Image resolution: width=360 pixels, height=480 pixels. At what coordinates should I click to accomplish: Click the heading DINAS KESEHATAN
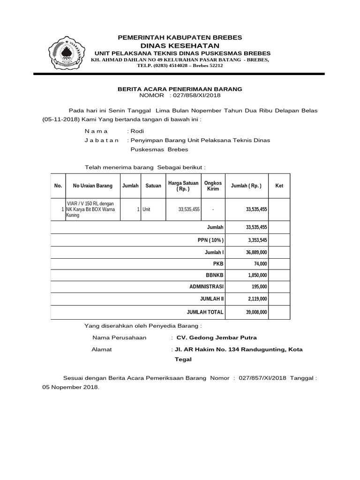180,45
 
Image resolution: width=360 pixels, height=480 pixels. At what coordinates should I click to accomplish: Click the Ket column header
279,186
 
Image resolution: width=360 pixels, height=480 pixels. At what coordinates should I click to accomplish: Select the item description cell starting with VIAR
92,210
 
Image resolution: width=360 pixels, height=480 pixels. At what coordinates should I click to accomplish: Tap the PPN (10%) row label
211,240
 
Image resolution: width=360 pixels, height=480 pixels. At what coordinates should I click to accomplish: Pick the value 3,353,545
256,240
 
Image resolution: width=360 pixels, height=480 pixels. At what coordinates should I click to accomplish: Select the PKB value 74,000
261,263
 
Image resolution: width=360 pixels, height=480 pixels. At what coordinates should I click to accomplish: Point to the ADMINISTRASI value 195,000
259,287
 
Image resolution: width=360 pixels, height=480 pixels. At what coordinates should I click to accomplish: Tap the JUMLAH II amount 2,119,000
256,299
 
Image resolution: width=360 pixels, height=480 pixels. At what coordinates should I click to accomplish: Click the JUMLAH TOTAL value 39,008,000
256,312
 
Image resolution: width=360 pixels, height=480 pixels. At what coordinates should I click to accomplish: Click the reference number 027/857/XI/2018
262,377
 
